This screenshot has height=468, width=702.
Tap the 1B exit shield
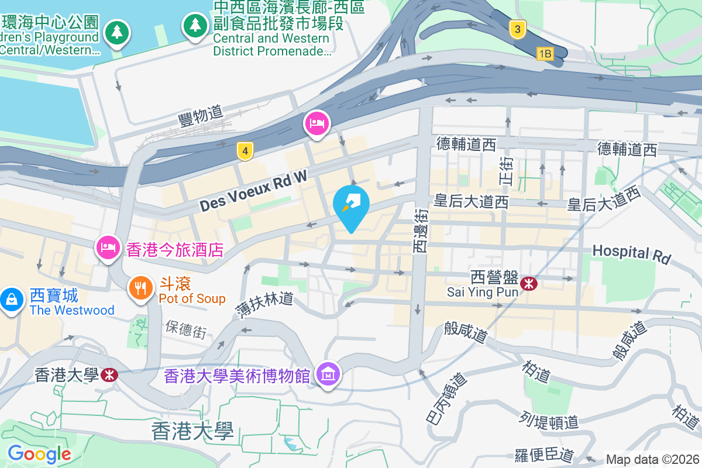click(x=545, y=54)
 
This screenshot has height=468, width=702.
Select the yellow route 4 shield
click(x=245, y=152)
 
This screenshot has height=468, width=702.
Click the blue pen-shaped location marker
click(x=351, y=205)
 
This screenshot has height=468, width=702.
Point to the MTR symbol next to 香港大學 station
click(x=109, y=374)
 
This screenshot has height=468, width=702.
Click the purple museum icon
click(x=328, y=374)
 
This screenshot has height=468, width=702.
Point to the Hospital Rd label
click(x=631, y=253)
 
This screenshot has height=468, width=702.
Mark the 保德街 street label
click(x=186, y=329)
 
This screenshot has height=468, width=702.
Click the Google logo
click(x=39, y=453)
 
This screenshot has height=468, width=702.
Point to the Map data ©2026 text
click(x=652, y=460)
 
